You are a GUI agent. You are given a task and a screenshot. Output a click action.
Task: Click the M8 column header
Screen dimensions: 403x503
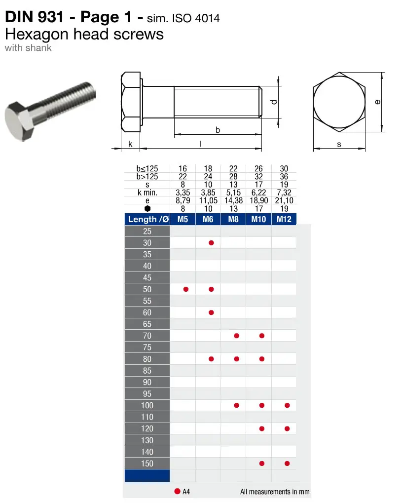(x=233, y=219)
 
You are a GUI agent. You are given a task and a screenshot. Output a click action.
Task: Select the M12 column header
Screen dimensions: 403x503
(x=284, y=219)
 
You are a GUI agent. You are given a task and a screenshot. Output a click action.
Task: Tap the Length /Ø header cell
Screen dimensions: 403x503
(x=147, y=219)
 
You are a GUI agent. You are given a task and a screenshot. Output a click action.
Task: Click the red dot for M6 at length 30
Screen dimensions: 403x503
(x=211, y=243)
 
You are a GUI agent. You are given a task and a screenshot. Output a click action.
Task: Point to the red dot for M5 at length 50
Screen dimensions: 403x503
(x=185, y=289)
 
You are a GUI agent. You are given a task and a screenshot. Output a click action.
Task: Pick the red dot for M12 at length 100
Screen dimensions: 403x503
(x=287, y=405)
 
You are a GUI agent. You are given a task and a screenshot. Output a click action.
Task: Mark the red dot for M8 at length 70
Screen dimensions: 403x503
(x=236, y=336)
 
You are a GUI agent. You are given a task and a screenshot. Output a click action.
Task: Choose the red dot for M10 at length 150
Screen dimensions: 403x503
(x=261, y=464)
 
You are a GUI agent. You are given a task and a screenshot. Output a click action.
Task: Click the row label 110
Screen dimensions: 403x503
(x=147, y=417)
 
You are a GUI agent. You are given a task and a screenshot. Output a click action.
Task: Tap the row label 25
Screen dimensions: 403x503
(x=147, y=232)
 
